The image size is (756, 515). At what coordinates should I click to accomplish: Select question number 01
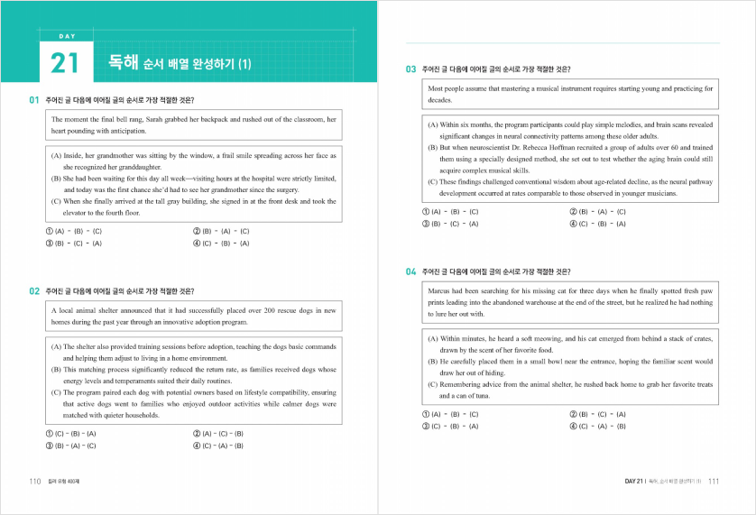[x=33, y=99]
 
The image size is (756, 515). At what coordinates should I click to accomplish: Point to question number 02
[x=33, y=291]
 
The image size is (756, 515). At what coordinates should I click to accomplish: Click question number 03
[x=410, y=69]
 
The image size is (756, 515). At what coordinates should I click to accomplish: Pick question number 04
[x=410, y=271]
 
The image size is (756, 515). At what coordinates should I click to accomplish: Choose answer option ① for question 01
[x=48, y=232]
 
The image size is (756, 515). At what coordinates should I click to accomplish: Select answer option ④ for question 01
[x=197, y=244]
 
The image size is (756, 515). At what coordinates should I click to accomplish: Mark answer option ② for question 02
[x=197, y=434]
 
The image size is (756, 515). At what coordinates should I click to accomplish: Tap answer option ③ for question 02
[x=48, y=446]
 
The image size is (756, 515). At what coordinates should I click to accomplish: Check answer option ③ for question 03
[x=426, y=223]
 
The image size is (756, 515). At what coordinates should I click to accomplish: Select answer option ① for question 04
[x=426, y=414]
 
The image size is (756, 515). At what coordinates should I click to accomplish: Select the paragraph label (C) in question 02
[x=57, y=392]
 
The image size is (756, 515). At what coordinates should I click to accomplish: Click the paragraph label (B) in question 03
[x=433, y=147]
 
